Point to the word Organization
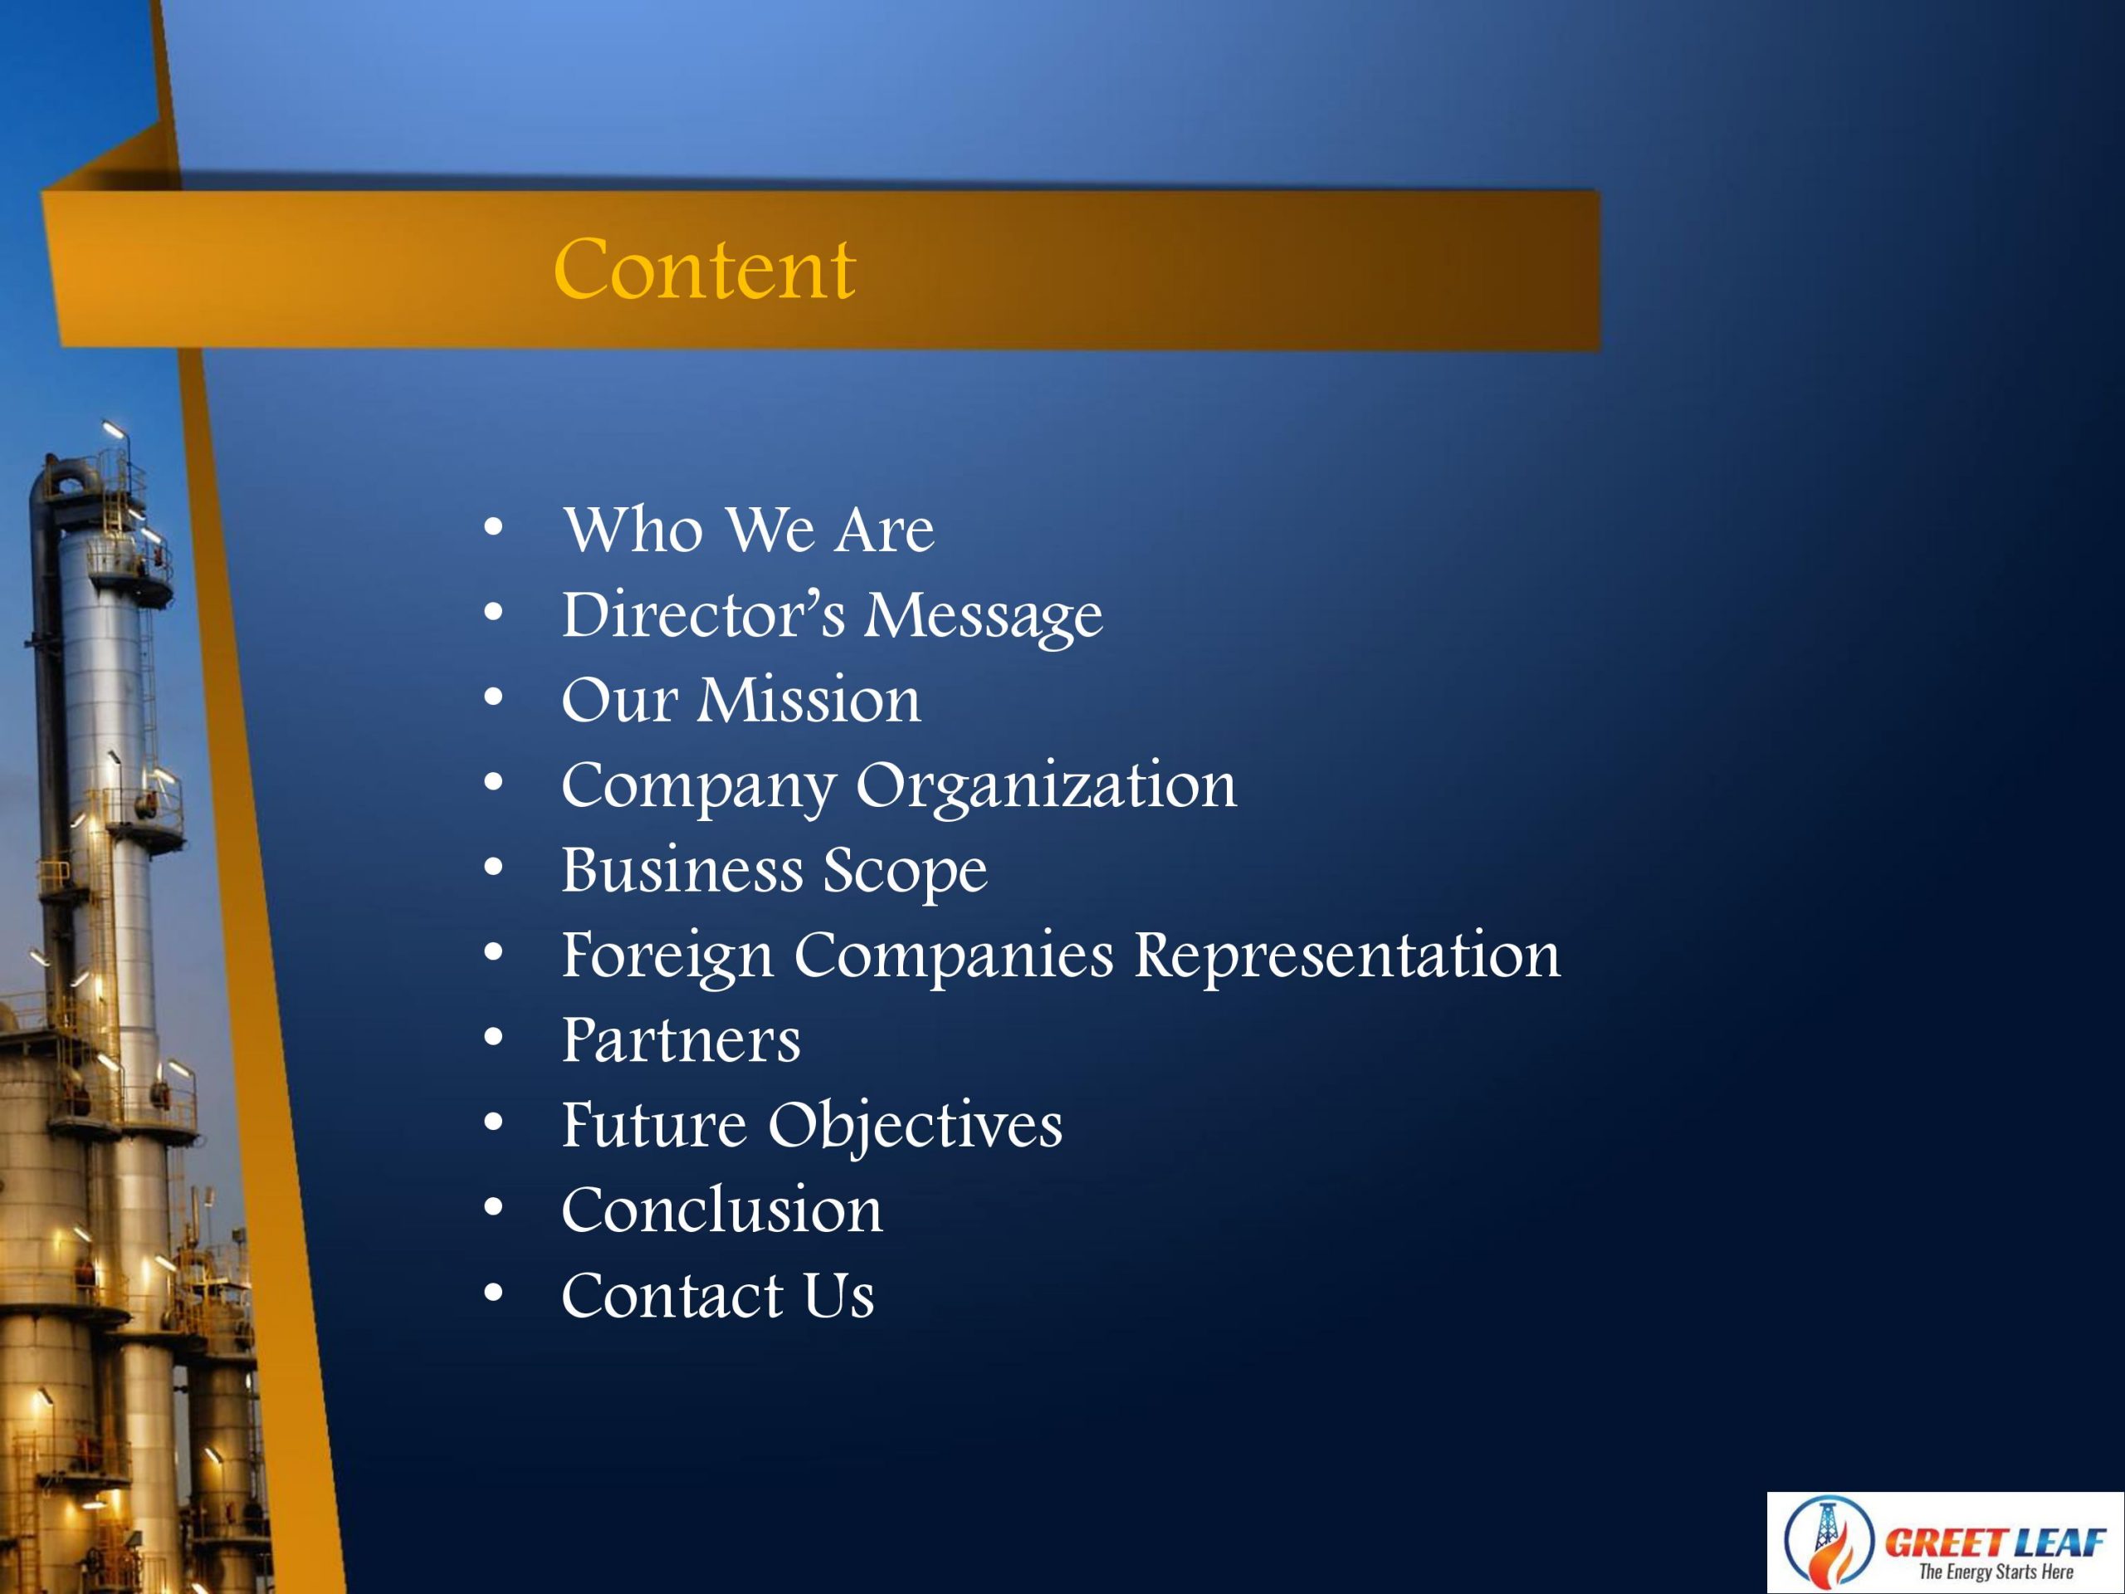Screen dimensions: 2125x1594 [x=1046, y=787]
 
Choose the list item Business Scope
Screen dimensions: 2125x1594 [x=774, y=872]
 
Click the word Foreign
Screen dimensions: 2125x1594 [x=667, y=957]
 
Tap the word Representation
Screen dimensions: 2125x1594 [x=1347, y=957]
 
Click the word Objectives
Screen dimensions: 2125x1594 [x=915, y=1126]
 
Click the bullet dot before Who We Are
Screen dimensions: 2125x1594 [x=494, y=527]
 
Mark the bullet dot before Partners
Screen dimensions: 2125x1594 [x=494, y=1039]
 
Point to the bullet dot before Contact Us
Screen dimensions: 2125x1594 [x=494, y=1293]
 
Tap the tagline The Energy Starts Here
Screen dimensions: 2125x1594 [x=1996, y=1572]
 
